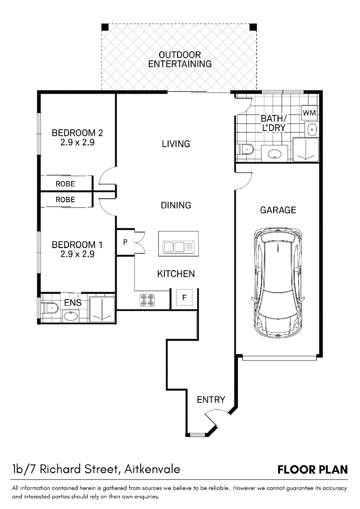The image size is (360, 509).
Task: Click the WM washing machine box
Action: pyautogui.click(x=309, y=113)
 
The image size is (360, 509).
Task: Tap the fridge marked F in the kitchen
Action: pyautogui.click(x=184, y=297)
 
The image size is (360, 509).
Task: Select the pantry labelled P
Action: pyautogui.click(x=125, y=242)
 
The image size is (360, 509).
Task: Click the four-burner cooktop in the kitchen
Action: pyautogui.click(x=147, y=300)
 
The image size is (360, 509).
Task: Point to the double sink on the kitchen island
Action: pyautogui.click(x=178, y=247)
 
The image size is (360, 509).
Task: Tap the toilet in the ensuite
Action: pyautogui.click(x=49, y=307)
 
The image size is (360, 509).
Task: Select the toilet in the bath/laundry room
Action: pyautogui.click(x=246, y=149)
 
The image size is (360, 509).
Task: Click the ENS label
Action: pyautogui.click(x=73, y=302)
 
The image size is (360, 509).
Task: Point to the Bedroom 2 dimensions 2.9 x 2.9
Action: pyautogui.click(x=77, y=142)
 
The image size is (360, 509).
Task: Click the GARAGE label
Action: pyautogui.click(x=278, y=210)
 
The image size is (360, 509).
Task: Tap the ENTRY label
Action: pyautogui.click(x=211, y=400)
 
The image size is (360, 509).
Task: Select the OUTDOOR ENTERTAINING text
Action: pyautogui.click(x=180, y=59)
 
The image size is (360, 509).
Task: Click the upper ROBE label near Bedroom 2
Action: pyautogui.click(x=65, y=184)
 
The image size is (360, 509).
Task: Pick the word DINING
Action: pyautogui.click(x=176, y=205)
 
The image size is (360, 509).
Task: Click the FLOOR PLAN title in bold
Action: pyautogui.click(x=313, y=470)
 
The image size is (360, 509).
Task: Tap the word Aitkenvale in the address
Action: pyautogui.click(x=152, y=469)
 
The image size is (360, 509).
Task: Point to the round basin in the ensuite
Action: pyautogui.click(x=71, y=315)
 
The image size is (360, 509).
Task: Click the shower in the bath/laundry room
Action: pyautogui.click(x=306, y=149)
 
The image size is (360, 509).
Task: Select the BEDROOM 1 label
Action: pyautogui.click(x=77, y=244)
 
